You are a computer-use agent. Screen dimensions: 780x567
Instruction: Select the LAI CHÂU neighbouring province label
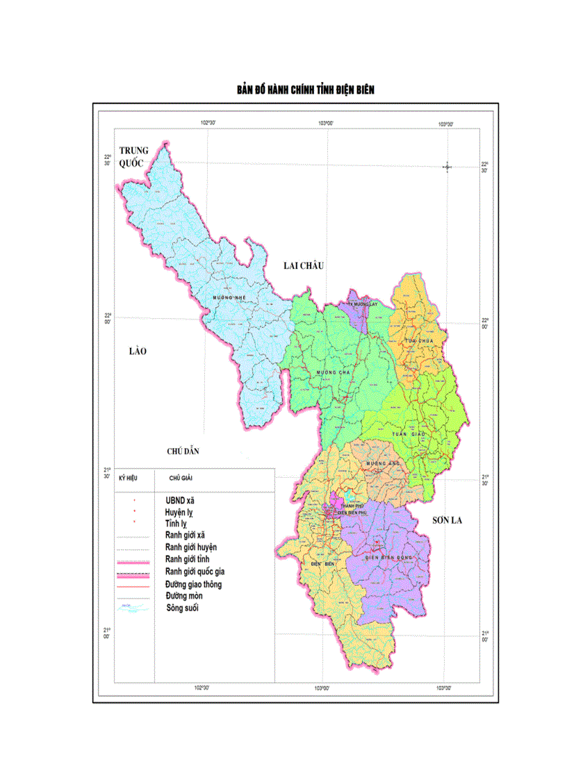click(x=304, y=265)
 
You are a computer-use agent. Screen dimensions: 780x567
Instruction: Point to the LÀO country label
click(x=138, y=351)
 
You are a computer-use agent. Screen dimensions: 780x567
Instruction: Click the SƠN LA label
click(x=447, y=520)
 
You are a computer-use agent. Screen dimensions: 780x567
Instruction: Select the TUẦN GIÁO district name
click(x=408, y=433)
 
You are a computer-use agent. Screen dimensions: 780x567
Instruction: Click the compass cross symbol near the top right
click(x=447, y=167)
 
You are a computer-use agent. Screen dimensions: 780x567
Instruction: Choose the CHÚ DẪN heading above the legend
click(x=183, y=451)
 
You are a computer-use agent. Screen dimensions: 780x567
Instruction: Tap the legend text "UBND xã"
click(x=180, y=499)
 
